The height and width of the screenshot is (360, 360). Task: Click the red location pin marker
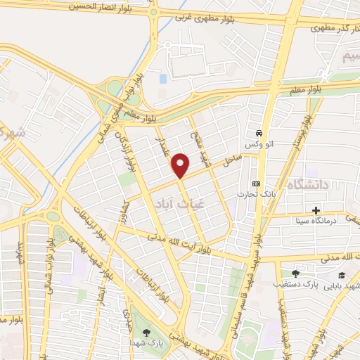pos(181,165)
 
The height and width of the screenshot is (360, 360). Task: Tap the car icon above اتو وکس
pos(259,133)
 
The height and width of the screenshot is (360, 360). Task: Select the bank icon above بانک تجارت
pos(255,183)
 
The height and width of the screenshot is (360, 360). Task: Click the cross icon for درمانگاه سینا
pos(316,210)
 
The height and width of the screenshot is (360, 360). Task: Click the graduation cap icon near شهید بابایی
pos(342,275)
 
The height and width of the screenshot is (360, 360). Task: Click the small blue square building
pos(162,79)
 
